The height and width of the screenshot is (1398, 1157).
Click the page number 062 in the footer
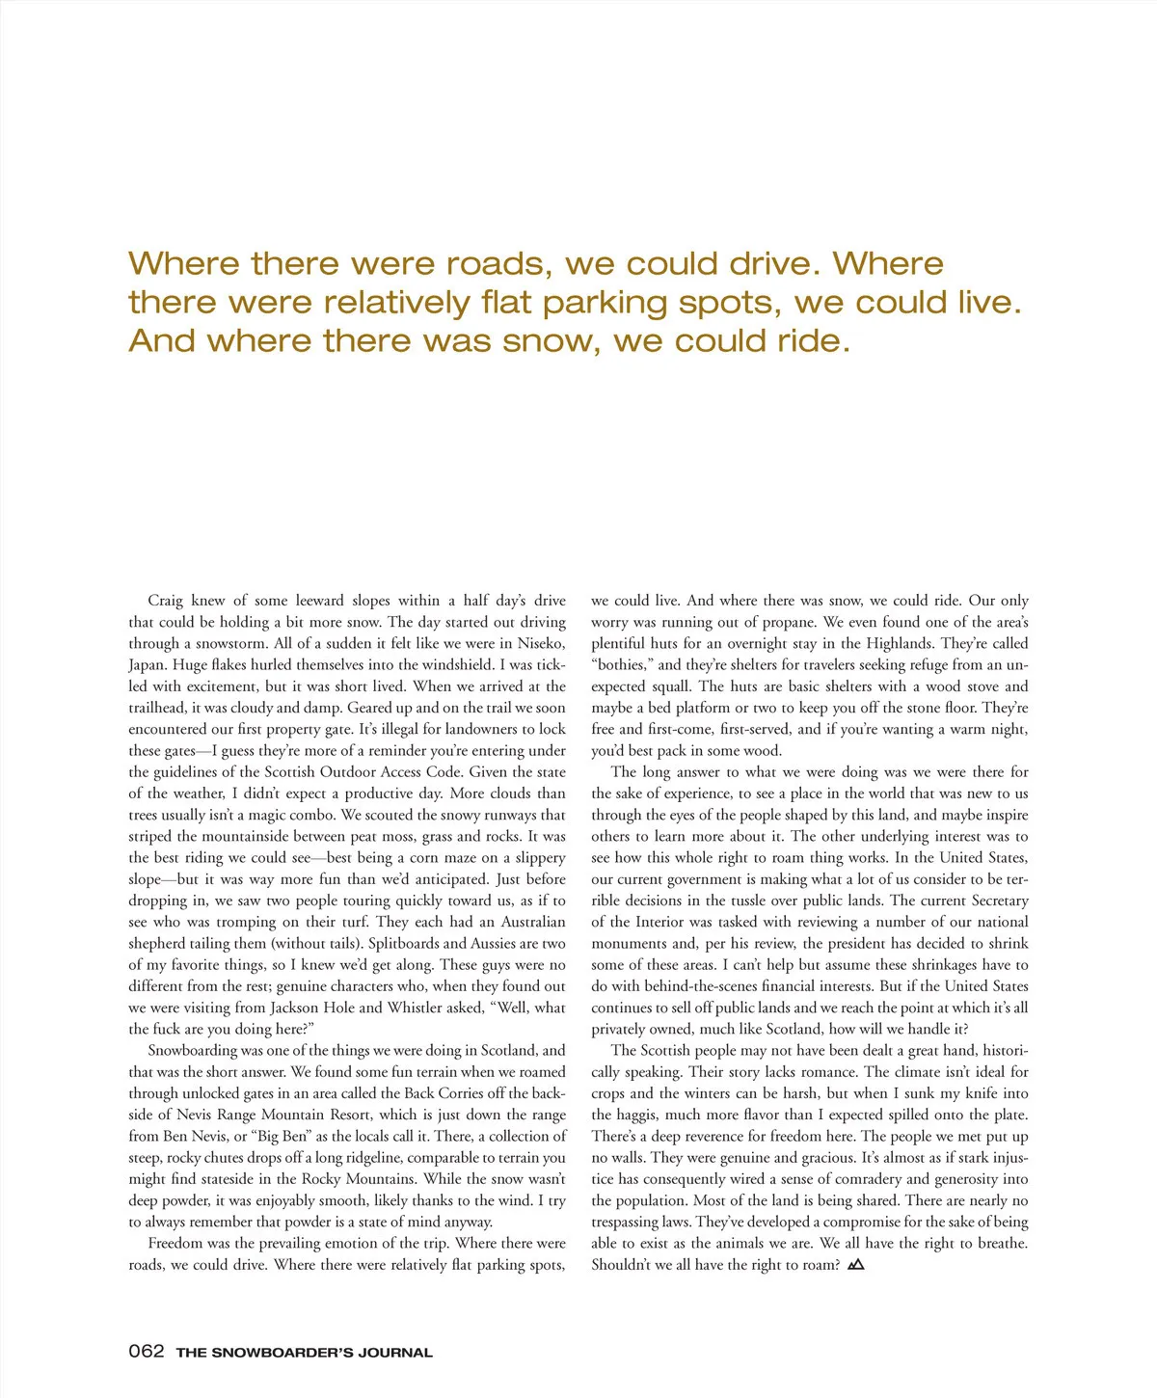click(x=147, y=1351)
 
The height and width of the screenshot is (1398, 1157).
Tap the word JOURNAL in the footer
click(x=395, y=1353)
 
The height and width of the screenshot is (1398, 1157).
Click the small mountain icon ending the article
click(x=855, y=1264)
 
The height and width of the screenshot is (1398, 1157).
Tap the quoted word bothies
click(x=621, y=664)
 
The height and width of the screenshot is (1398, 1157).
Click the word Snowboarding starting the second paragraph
click(x=193, y=1050)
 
